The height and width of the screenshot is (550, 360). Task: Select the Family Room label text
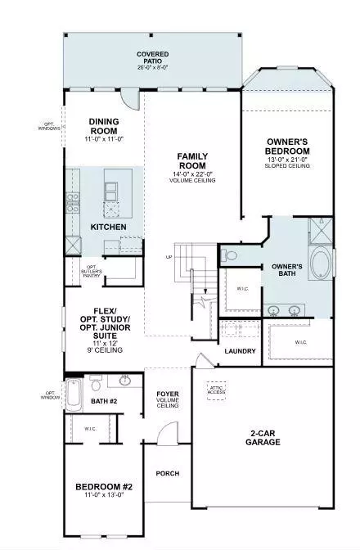coord(192,161)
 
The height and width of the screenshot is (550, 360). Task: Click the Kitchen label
coord(107,226)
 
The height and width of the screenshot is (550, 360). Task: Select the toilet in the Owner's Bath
coord(230,255)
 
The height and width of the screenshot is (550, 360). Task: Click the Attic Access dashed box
coord(217,391)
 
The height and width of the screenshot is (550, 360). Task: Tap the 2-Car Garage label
coord(263,437)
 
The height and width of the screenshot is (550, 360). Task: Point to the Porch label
coord(168,473)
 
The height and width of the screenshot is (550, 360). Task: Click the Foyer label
coord(168,399)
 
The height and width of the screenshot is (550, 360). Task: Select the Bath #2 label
coord(105,401)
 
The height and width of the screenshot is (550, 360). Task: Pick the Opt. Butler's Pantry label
coord(91,271)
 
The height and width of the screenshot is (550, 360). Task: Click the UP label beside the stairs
coord(168,256)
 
